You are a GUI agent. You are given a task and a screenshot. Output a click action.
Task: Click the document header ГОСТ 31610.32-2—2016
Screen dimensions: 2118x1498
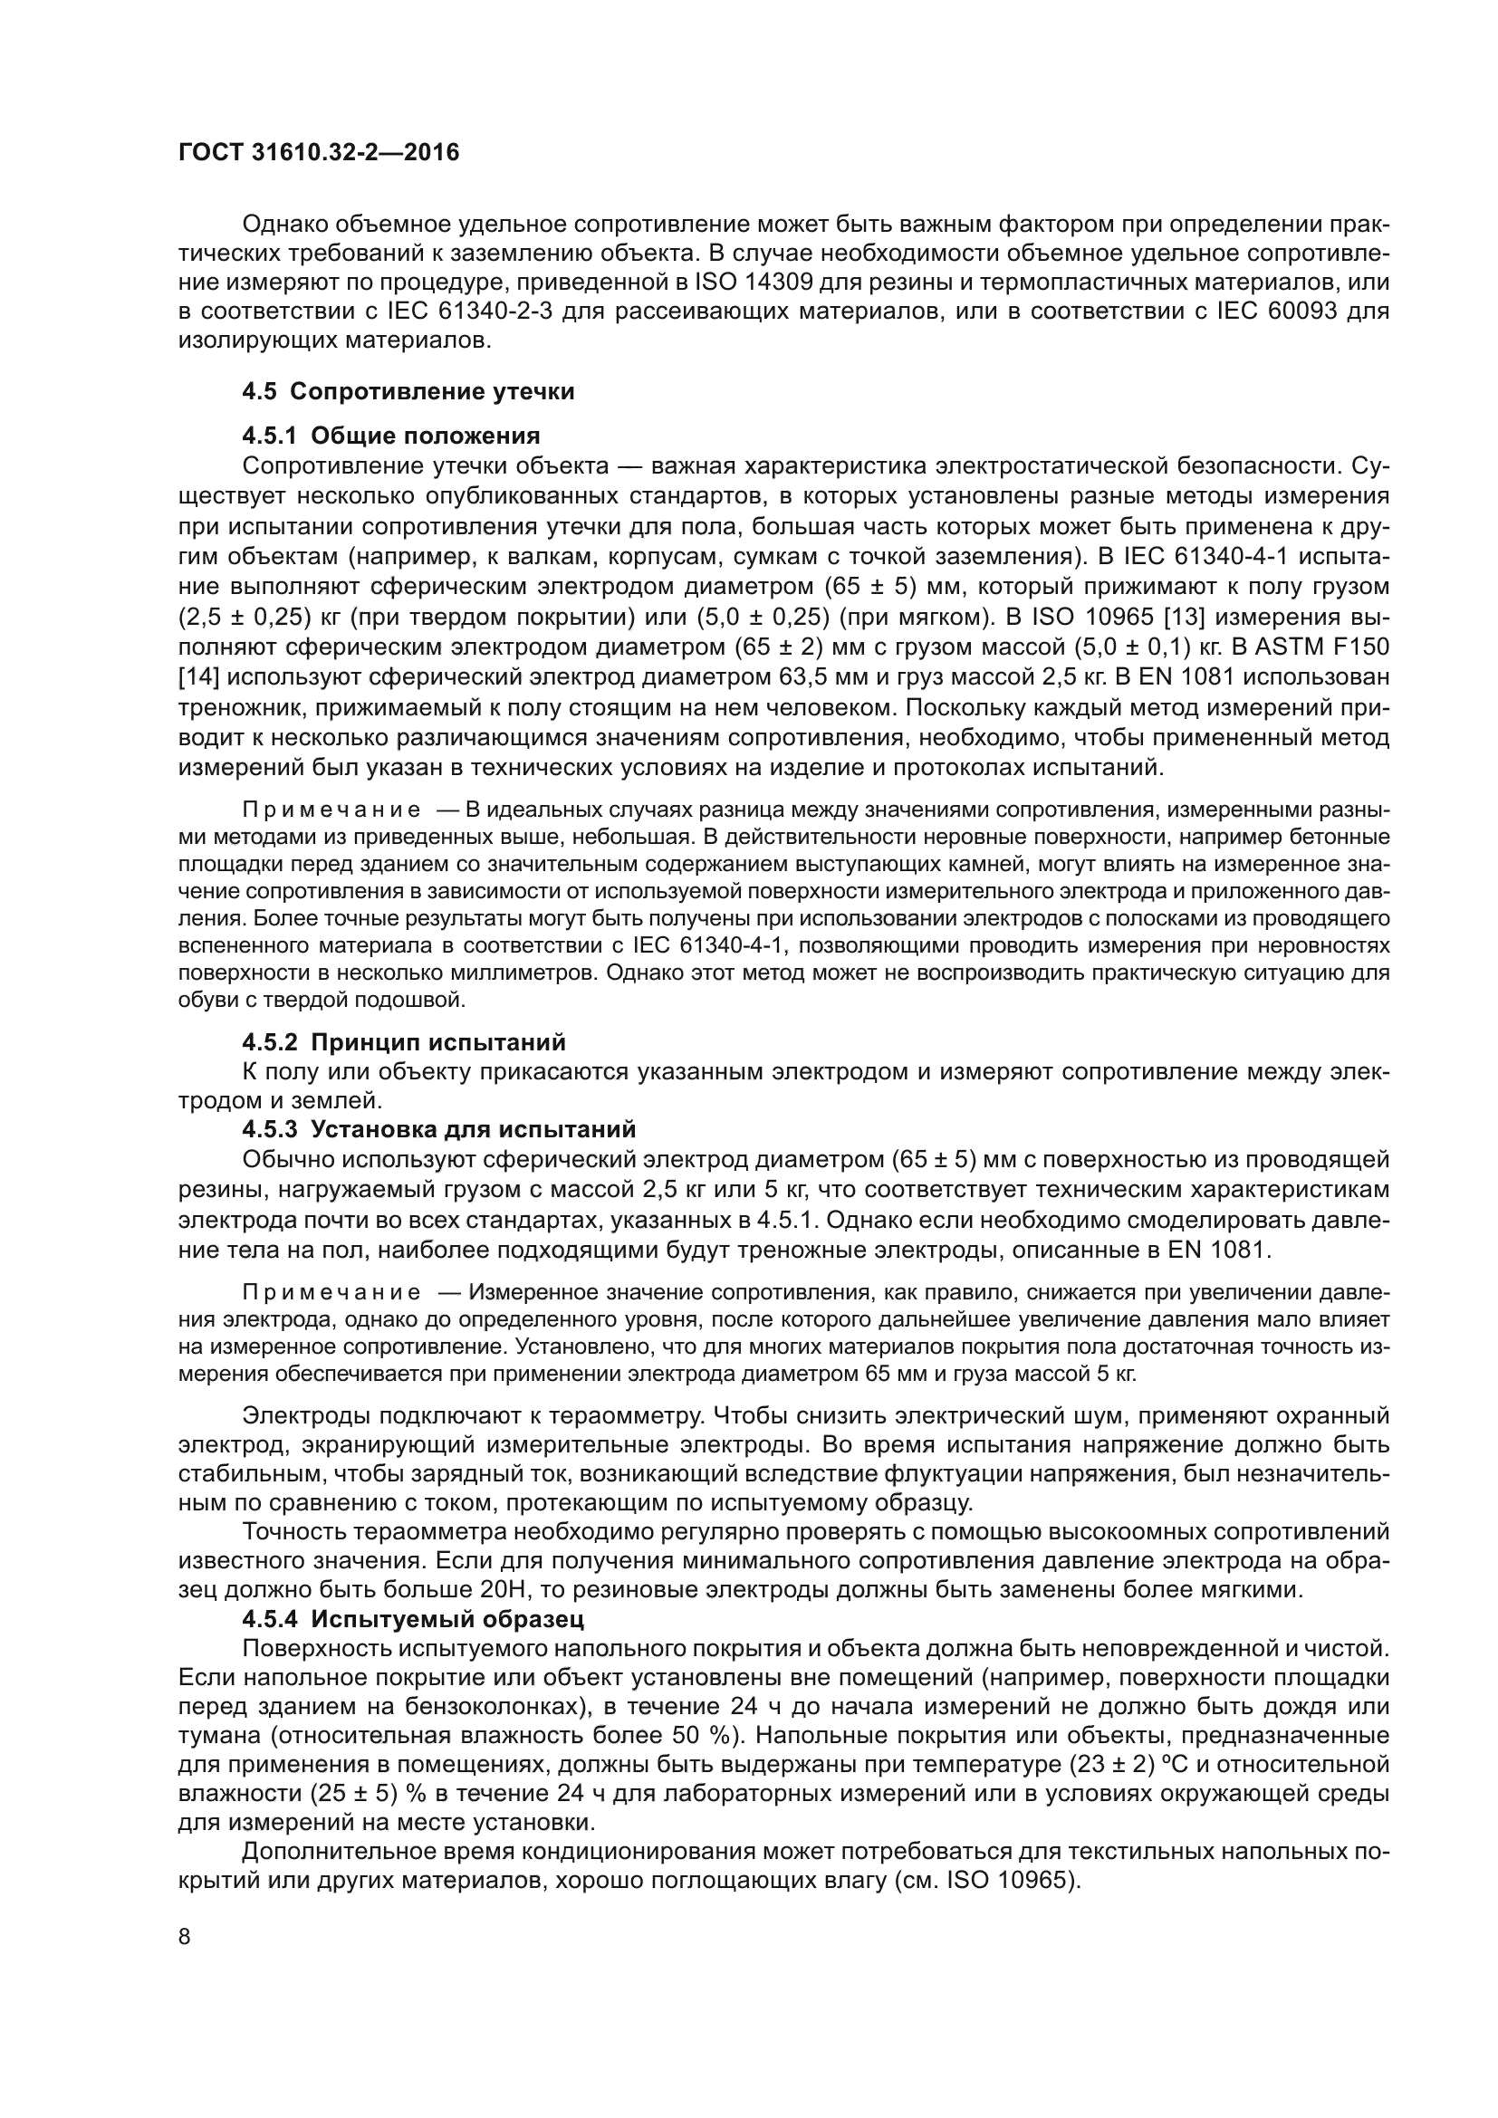point(318,152)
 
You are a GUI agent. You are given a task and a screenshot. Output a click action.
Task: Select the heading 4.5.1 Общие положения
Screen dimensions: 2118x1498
point(391,436)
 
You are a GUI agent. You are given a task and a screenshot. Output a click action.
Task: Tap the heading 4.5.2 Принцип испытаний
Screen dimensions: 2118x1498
point(404,1042)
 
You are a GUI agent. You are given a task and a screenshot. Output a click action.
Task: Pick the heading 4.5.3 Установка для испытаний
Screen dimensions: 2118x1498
point(439,1129)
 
